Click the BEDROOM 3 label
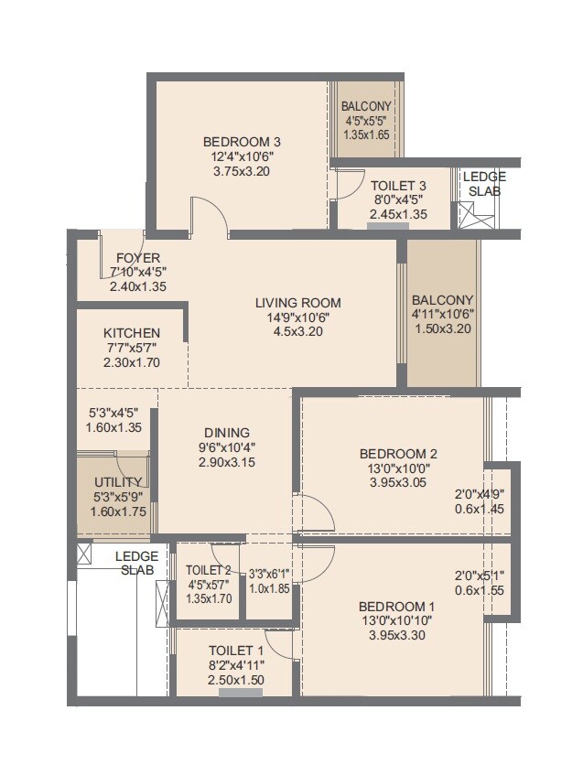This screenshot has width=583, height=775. [241, 142]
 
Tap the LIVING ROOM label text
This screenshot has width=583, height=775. [297, 303]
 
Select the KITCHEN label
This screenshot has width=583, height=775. [132, 333]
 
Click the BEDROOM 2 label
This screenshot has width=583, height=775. [398, 454]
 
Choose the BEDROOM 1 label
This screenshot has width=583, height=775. [396, 607]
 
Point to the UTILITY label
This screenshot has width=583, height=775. [118, 482]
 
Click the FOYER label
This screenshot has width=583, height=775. [138, 258]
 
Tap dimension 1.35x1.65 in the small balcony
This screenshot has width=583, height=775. [366, 135]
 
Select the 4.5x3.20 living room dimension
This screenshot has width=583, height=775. [297, 331]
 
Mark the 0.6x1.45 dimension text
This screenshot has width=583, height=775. [480, 510]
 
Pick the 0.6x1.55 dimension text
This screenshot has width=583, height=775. [480, 590]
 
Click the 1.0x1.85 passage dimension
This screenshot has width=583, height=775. [270, 589]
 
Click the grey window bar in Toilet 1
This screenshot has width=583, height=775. [241, 693]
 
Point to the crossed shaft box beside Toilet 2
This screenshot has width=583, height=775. [163, 602]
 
